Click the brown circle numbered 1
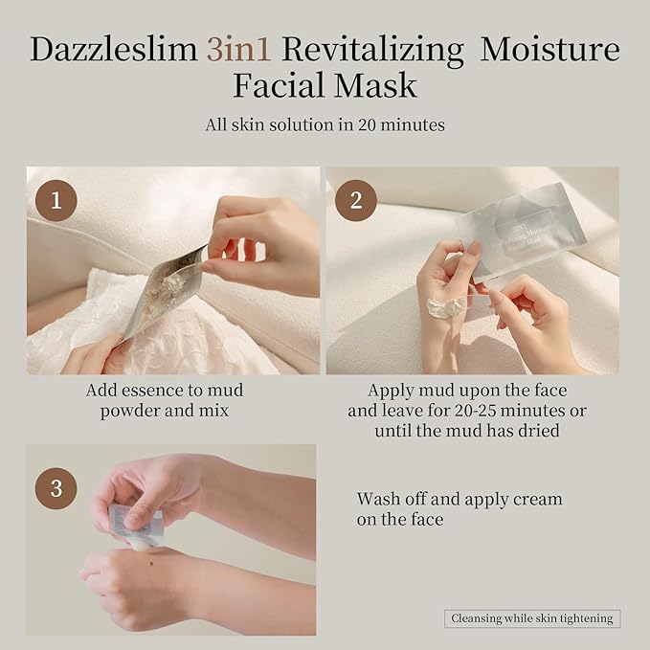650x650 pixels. [56, 199]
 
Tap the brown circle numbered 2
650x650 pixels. [356, 199]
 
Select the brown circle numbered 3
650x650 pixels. [56, 488]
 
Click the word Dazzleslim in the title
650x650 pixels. [114, 50]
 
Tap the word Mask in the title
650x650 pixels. [382, 85]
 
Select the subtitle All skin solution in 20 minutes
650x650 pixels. [325, 124]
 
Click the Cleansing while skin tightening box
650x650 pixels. [533, 618]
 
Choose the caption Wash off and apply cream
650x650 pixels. [459, 509]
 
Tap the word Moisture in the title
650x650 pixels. [549, 50]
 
